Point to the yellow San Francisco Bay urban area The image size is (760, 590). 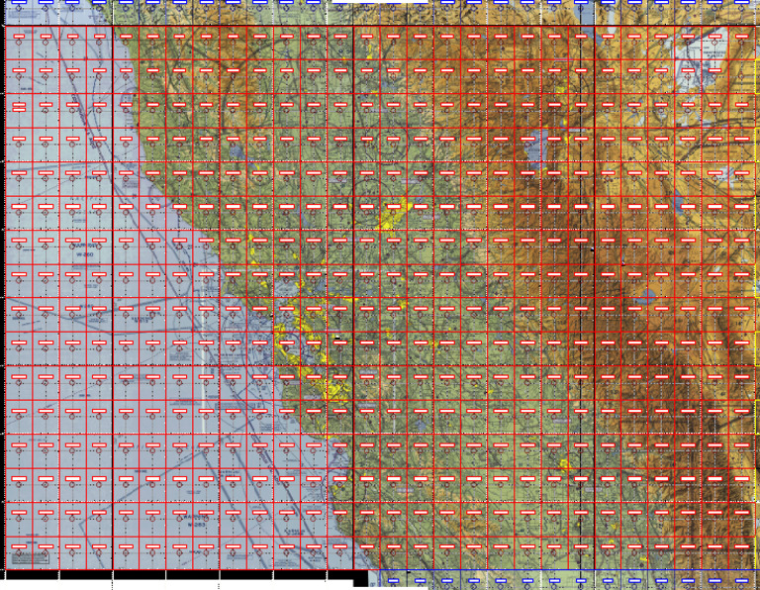[297, 346]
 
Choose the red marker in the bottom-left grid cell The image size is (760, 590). [18, 545]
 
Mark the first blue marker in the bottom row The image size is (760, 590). [392, 579]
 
